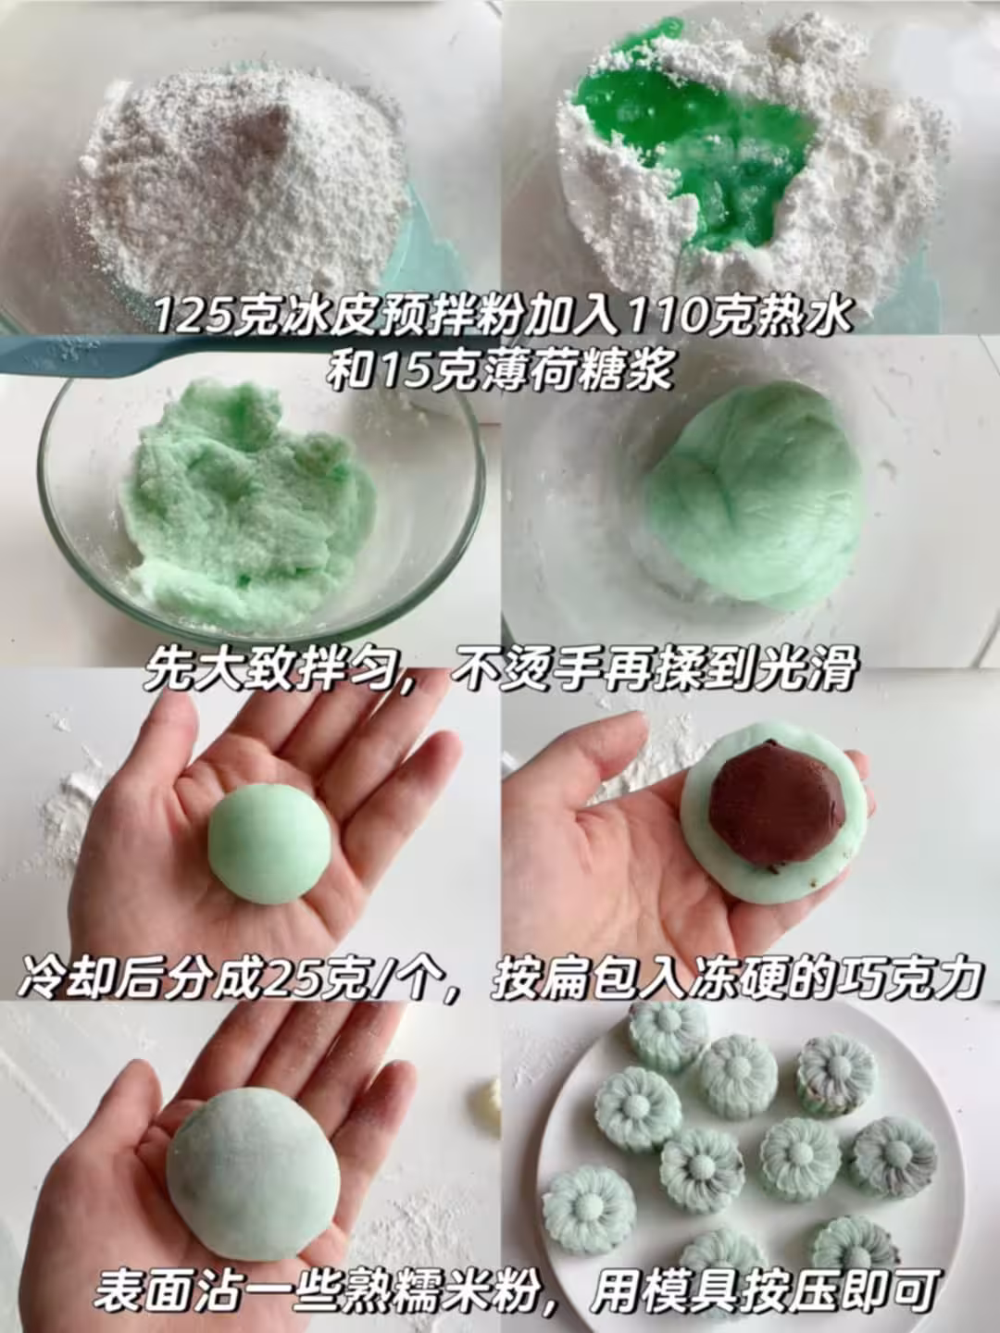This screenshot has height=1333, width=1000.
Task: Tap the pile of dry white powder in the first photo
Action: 243,182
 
